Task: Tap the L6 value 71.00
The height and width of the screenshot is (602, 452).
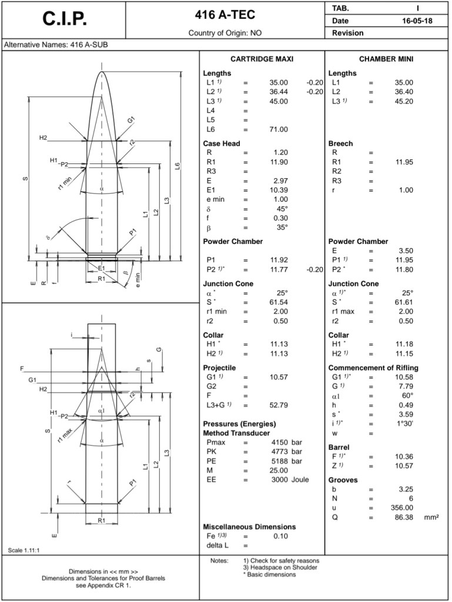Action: (279, 129)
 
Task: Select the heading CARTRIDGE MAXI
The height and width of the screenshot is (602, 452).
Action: (262, 59)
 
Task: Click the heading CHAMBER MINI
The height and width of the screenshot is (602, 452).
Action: (387, 59)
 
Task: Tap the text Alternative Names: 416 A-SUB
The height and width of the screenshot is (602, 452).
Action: (56, 45)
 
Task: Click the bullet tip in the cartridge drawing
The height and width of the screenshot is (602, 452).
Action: (102, 72)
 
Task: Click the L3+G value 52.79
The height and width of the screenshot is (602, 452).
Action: (279, 405)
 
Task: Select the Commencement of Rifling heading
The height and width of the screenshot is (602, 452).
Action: (373, 368)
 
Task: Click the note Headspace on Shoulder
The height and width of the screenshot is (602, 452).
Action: (280, 567)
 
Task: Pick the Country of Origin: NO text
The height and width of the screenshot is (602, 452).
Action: (225, 33)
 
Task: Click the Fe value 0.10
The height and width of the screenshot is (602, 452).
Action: (280, 536)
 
